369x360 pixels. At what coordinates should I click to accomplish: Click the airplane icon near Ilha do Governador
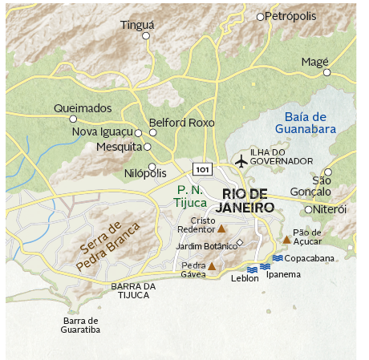241,161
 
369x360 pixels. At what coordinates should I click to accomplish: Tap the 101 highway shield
203,169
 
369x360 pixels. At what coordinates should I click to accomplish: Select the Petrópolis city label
290,16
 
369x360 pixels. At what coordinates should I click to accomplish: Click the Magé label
314,62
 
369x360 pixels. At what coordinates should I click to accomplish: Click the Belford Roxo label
187,123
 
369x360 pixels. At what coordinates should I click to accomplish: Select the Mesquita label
118,147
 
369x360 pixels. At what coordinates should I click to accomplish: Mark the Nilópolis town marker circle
152,166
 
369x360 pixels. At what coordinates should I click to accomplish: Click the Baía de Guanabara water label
305,122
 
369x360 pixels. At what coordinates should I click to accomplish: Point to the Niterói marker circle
309,209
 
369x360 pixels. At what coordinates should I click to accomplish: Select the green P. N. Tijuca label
193,196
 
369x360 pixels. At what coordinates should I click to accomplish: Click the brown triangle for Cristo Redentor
222,229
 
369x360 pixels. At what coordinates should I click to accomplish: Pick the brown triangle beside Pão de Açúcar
286,239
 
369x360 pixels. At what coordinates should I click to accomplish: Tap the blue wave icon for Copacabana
277,258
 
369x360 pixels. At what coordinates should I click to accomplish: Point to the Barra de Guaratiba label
81,325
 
